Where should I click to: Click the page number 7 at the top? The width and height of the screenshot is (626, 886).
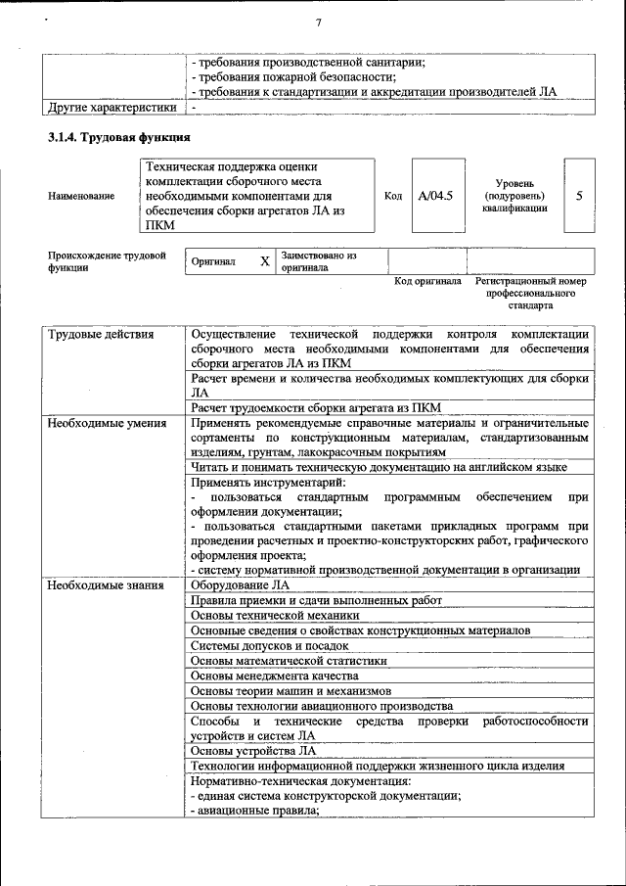(319, 23)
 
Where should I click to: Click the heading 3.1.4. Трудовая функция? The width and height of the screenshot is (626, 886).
(119, 137)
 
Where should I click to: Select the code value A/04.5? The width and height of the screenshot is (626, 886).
(435, 196)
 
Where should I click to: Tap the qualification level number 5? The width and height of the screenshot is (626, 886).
(579, 196)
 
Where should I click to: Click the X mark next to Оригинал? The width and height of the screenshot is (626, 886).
(264, 262)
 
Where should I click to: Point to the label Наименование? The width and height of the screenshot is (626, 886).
(81, 196)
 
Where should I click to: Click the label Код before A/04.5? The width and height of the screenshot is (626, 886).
(393, 196)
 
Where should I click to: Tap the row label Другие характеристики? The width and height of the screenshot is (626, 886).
(112, 107)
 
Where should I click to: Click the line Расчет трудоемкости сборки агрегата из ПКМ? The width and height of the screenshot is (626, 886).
(316, 407)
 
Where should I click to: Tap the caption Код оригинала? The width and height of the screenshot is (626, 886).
(427, 281)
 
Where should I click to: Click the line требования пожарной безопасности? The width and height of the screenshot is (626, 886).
(294, 77)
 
